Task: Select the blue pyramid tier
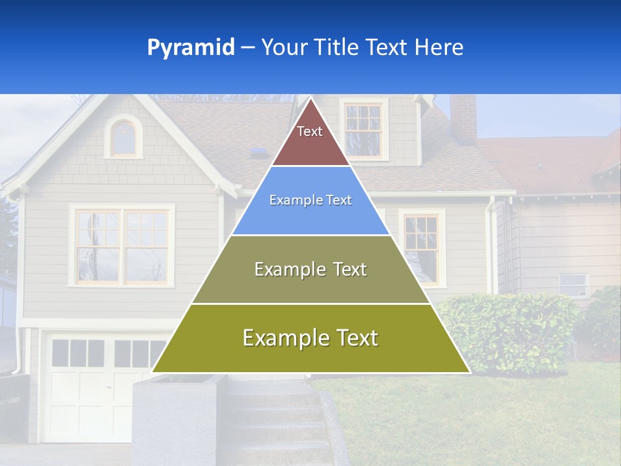point(310,217)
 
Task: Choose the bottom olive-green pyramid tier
point(310,356)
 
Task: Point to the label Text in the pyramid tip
point(310,131)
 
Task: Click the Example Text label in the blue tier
point(310,200)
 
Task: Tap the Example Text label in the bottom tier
point(310,338)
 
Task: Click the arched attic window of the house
point(124,138)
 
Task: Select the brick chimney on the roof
point(463,118)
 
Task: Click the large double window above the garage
point(122,245)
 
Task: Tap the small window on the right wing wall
point(574,284)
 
